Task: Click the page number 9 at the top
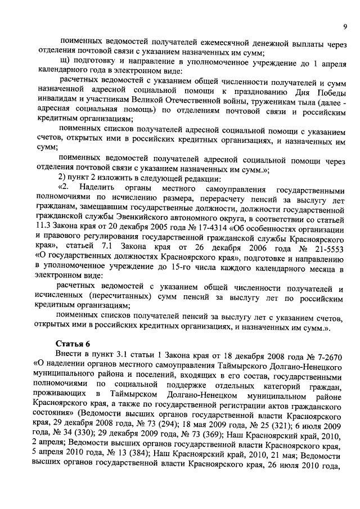click(x=344, y=26)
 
